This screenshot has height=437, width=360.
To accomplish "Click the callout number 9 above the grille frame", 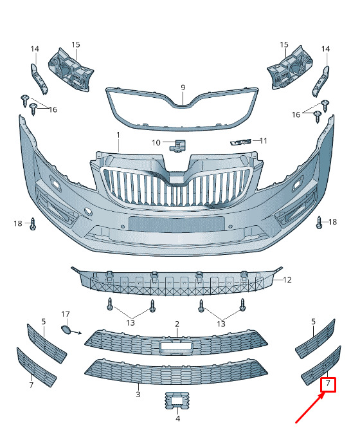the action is (183, 88).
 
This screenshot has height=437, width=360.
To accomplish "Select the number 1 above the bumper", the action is (118, 135).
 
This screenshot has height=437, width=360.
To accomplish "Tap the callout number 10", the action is (156, 143).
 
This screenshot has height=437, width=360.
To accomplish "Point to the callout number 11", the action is (264, 141).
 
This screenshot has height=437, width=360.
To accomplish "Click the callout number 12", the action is (287, 279).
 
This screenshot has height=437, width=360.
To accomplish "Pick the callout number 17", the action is (66, 314).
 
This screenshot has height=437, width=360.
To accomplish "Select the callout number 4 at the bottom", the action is (178, 418).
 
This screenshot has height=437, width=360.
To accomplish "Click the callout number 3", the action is (138, 395).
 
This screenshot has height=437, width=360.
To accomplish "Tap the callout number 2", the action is (177, 324).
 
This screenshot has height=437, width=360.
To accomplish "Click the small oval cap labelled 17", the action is (66, 330).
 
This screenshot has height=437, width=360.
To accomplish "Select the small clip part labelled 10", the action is (177, 145).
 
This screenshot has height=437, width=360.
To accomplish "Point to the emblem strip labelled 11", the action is (240, 142).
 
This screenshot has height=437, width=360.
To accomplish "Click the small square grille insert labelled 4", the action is (177, 400).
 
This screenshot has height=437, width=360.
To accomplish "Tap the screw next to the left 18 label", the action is (33, 224).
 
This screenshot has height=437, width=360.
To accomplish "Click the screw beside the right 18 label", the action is (319, 223).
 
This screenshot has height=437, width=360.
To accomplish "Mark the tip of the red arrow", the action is (325, 393).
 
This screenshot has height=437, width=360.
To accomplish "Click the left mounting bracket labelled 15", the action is (71, 70).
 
